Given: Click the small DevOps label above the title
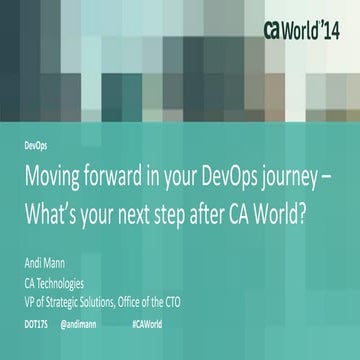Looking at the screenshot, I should (x=36, y=145).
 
